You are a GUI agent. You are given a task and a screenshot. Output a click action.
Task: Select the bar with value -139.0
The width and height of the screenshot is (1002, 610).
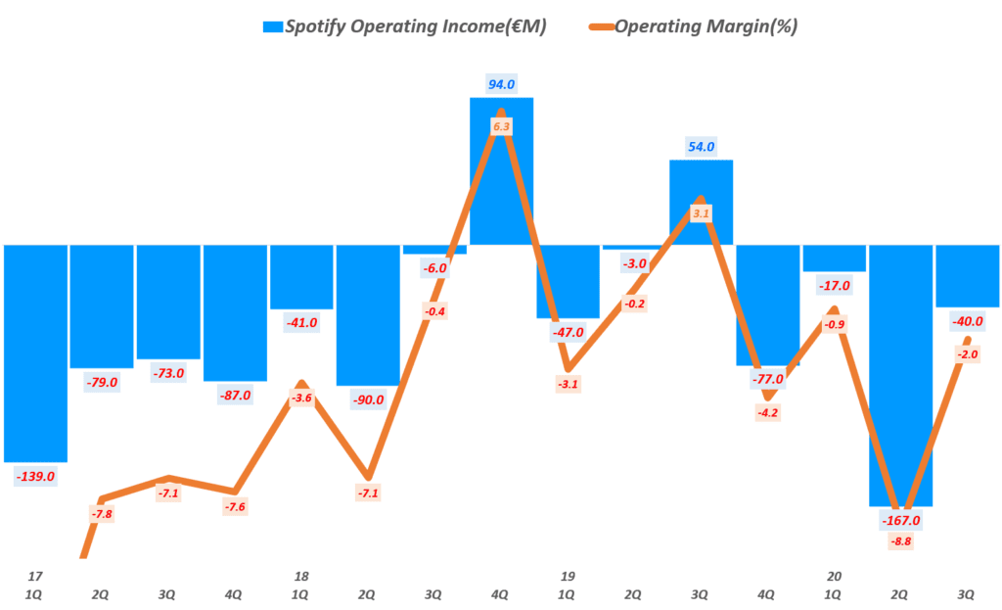35,352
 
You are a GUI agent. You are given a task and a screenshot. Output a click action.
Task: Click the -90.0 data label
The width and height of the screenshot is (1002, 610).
368,399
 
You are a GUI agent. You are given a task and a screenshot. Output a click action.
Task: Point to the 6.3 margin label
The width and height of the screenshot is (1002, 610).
501,127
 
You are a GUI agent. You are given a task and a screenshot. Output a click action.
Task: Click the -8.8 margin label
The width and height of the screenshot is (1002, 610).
900,540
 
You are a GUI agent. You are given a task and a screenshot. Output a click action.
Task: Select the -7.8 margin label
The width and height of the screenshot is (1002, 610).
102,514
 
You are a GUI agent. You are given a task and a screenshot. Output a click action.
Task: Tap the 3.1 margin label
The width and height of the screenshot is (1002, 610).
701,212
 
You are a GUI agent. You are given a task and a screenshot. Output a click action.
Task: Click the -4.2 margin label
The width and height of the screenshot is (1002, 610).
767,412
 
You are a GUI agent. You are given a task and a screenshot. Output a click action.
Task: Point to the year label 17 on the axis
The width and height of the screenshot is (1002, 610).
35,576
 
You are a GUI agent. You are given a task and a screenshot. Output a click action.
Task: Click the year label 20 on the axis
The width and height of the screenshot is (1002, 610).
834,576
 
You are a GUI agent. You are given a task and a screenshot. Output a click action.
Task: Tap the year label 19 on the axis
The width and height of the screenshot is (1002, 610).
568,576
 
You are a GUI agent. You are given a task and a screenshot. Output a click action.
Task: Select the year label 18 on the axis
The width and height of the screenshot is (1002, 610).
301,576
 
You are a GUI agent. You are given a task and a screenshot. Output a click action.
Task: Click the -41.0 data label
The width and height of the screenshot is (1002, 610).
301,322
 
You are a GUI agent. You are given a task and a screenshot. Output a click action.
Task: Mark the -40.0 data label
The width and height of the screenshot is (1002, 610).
967,320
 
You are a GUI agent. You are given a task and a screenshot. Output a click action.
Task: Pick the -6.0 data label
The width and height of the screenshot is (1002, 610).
434,267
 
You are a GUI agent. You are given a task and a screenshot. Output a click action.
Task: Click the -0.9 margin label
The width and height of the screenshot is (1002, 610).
834,324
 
